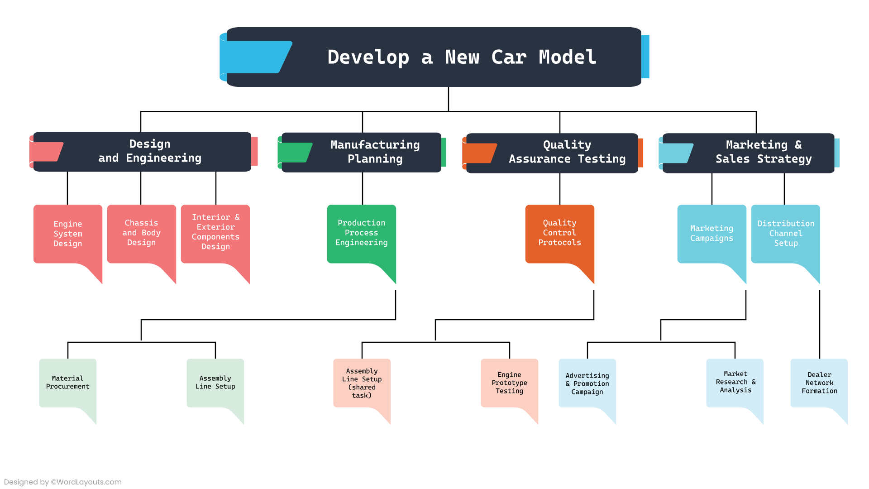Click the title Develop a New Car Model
462,58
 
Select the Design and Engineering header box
150,151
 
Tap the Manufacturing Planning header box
375,152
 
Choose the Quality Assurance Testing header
567,152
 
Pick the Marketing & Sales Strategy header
763,152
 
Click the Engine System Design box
68,234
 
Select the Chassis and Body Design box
142,233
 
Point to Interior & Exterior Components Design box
215,232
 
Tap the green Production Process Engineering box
361,233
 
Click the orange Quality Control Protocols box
559,233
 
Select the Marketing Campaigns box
711,234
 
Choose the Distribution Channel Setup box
786,234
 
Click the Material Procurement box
68,383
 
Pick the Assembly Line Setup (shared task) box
362,384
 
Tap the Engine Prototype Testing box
509,383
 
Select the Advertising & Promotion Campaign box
587,384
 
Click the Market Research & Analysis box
735,383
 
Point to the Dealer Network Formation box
819,383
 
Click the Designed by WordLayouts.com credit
63,482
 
